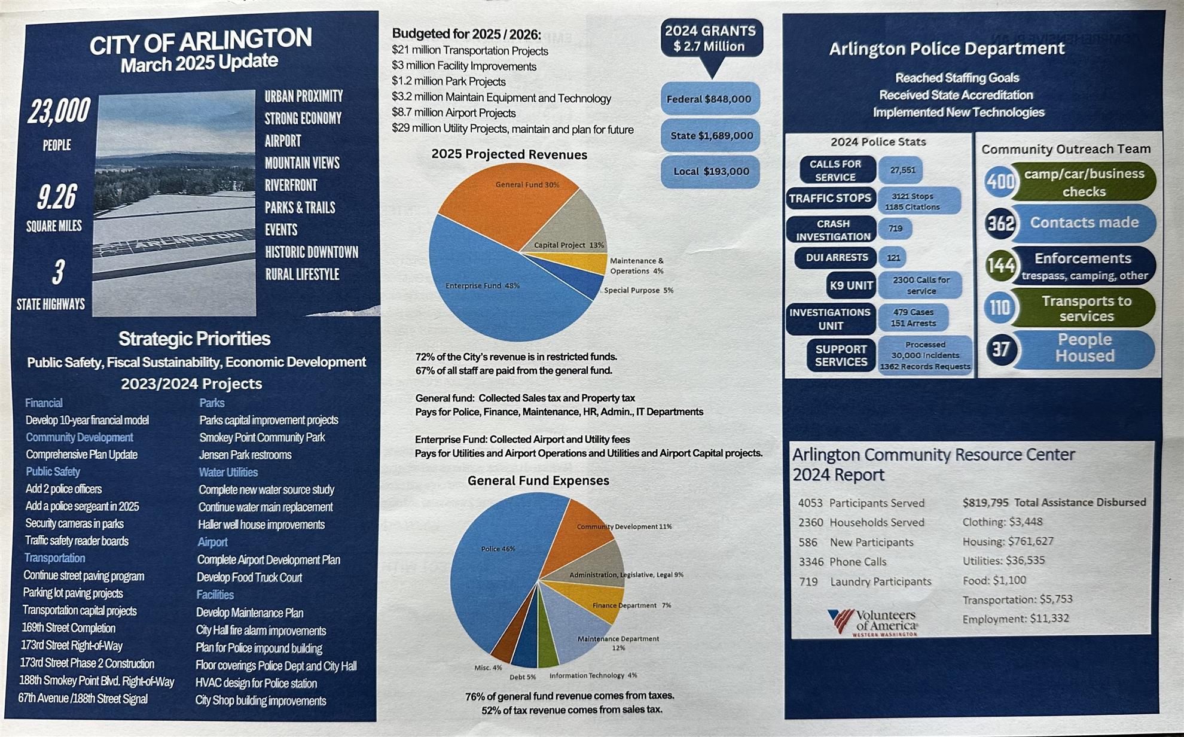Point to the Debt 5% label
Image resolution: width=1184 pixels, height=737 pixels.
tap(523, 677)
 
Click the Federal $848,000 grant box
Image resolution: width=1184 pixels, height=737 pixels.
tap(710, 99)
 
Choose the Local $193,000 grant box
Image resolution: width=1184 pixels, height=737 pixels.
tap(710, 172)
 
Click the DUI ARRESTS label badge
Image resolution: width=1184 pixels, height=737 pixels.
tap(836, 258)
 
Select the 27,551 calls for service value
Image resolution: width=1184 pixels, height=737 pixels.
tap(902, 170)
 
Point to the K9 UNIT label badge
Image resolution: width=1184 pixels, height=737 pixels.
tap(851, 285)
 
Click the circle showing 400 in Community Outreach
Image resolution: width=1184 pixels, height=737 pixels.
tap(1000, 181)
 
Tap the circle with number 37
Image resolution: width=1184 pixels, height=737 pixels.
tap(1000, 349)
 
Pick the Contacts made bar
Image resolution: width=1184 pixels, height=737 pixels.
tap(1084, 223)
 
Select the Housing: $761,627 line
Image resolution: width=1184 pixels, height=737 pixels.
tap(1008, 541)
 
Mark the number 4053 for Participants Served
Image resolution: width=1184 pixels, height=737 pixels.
tap(810, 503)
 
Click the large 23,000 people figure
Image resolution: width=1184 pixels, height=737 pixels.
tap(59, 111)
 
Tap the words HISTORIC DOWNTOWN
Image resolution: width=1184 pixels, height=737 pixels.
tap(312, 252)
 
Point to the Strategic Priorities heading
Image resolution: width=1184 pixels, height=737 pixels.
tap(194, 339)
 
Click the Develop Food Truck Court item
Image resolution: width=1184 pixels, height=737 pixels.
tap(249, 577)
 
